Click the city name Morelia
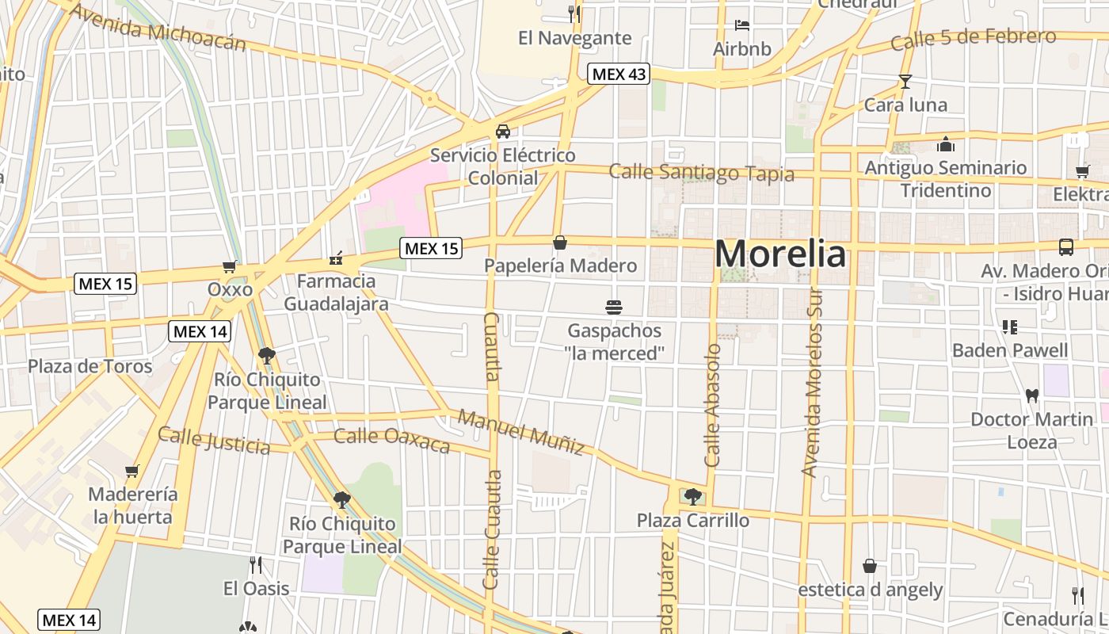[x=780, y=254]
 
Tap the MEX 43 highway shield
[x=619, y=74]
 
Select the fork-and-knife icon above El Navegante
[x=574, y=13]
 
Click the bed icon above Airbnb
[x=741, y=25]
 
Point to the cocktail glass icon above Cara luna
[x=905, y=81]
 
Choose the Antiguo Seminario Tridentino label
[x=945, y=179]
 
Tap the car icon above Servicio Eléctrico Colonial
[x=502, y=131]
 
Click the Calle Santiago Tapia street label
[x=701, y=173]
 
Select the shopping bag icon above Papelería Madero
[x=560, y=242]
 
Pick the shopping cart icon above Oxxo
[x=230, y=266]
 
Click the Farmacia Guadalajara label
[x=336, y=292]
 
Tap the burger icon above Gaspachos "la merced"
[x=613, y=307]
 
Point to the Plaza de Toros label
[x=90, y=366]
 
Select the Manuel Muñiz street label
[x=521, y=432]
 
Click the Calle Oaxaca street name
[x=391, y=440]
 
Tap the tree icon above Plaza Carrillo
[x=693, y=497]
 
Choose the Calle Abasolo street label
[x=712, y=404]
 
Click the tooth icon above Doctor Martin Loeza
[x=1031, y=395]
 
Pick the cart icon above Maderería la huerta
[x=132, y=471]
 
